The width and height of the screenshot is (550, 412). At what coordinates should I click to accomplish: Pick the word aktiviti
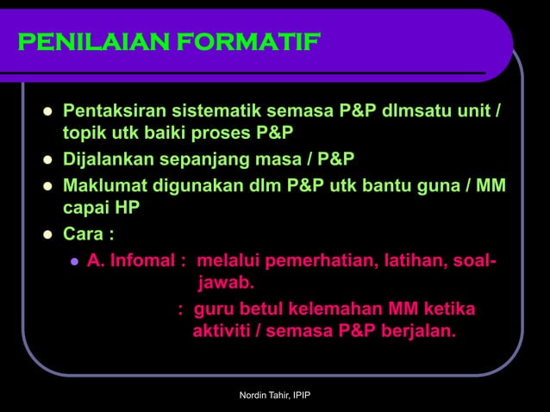point(221,329)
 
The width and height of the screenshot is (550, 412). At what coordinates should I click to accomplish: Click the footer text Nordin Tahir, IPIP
point(274,396)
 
